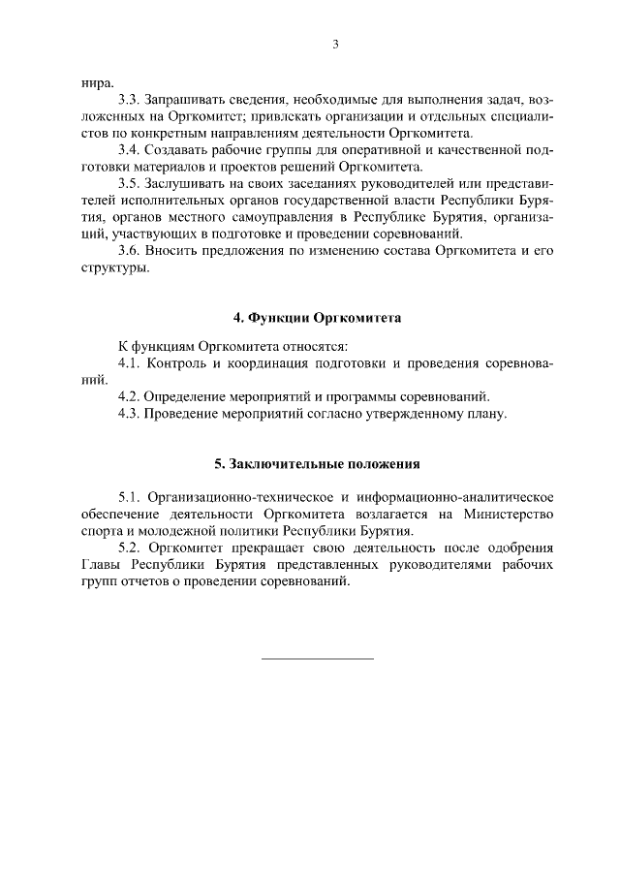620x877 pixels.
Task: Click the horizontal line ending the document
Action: click(x=317, y=659)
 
